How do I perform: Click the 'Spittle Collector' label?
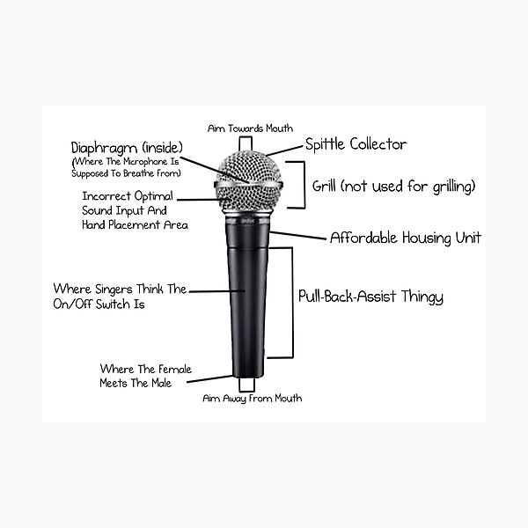356,145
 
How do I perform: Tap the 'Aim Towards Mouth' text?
250,128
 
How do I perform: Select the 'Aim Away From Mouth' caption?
253,399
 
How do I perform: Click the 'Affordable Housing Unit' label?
406,238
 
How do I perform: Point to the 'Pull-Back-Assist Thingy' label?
370,297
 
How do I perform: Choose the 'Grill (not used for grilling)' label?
393,187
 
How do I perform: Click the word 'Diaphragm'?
105,148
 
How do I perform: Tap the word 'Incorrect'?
106,196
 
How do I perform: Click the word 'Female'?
174,369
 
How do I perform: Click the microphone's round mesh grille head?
248,182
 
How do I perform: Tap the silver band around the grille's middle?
248,185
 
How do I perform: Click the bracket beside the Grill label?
304,185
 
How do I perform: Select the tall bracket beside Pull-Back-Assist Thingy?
292,303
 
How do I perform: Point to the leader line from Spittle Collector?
284,150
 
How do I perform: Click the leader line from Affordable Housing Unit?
297,235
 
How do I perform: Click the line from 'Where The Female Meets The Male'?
209,378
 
